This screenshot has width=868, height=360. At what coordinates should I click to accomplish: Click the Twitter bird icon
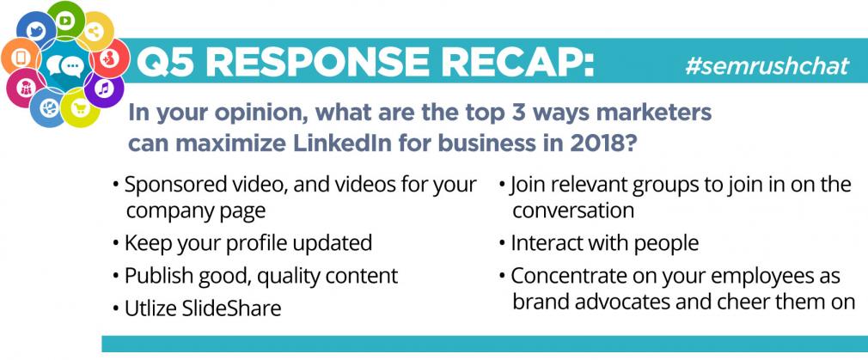tap(36, 30)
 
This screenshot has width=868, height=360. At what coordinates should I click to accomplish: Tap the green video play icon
tap(66, 21)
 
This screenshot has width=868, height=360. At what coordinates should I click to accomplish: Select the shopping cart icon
tap(80, 108)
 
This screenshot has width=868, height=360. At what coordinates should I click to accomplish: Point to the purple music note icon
tap(103, 88)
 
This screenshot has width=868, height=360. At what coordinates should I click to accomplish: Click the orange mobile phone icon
tap(21, 57)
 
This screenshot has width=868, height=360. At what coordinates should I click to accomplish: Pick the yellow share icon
tap(95, 32)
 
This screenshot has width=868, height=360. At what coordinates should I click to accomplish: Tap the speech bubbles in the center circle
tap(64, 66)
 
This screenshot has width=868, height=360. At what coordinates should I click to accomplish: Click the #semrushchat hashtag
tap(767, 66)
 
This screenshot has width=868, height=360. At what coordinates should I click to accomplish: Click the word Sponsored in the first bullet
tap(169, 185)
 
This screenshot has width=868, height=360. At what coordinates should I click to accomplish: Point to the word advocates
tap(618, 302)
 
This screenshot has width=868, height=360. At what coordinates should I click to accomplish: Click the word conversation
tap(573, 211)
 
